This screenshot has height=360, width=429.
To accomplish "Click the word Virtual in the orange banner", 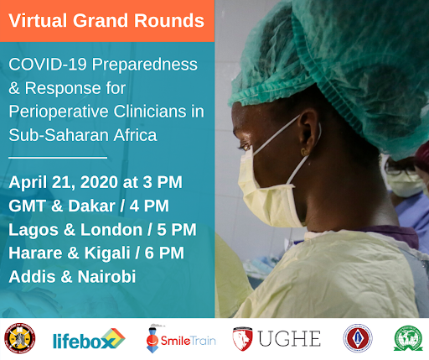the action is pyautogui.click(x=38, y=20).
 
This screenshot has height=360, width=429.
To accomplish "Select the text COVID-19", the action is pyautogui.click(x=48, y=64).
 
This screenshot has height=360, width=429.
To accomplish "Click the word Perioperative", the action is pyautogui.click(x=59, y=112).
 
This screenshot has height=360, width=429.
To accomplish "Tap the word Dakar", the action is pyautogui.click(x=91, y=206).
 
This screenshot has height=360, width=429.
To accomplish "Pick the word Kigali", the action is pyautogui.click(x=107, y=253).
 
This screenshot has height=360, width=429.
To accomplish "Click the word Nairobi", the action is pyautogui.click(x=106, y=277).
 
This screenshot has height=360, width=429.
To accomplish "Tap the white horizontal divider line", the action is pyautogui.click(x=58, y=158).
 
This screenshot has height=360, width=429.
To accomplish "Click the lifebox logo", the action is pyautogui.click(x=89, y=340).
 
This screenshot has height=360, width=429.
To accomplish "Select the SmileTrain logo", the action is pyautogui.click(x=181, y=339).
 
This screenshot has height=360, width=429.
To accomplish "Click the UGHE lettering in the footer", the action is pyautogui.click(x=289, y=339).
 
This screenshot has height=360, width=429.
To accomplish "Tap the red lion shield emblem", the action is pyautogui.click(x=242, y=339).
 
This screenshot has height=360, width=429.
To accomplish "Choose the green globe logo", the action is pyautogui.click(x=408, y=338).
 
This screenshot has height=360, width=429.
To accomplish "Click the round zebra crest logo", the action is pyautogui.click(x=20, y=338).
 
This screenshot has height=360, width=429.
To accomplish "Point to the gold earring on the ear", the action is pyautogui.click(x=304, y=152).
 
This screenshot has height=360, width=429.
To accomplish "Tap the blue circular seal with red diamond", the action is pyautogui.click(x=358, y=338).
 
